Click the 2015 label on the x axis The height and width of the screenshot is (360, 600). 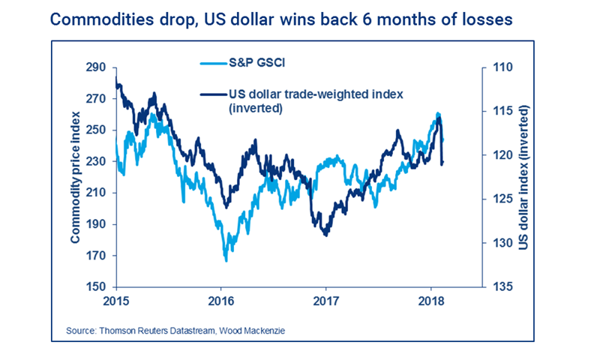coord(116,301)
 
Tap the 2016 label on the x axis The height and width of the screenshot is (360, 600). coord(221,301)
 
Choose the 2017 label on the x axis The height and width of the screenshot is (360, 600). coord(326,301)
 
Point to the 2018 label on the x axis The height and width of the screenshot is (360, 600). coord(430,301)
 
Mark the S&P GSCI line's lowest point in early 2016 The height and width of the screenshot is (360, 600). coord(226,261)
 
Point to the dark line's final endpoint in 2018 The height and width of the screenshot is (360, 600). coord(442,163)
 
